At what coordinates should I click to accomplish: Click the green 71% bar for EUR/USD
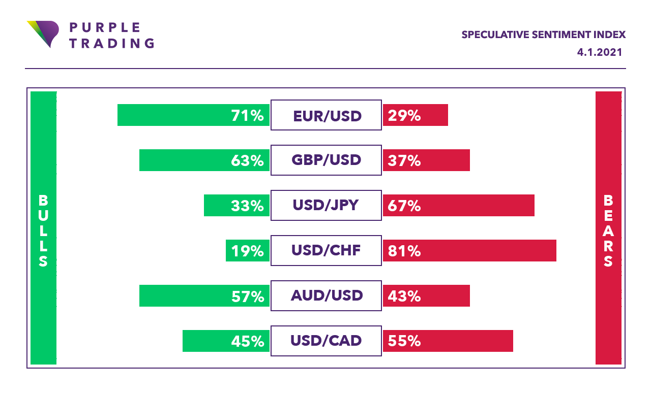tap(193, 115)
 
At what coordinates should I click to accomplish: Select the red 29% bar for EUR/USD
tap(415, 115)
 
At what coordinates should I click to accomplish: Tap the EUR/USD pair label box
tap(326, 115)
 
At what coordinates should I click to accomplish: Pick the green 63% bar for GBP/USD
tap(204, 160)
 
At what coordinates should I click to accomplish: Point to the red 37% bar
tap(426, 160)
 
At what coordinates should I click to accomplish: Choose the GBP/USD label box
tap(326, 160)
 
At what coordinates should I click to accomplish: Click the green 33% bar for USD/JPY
tap(236, 205)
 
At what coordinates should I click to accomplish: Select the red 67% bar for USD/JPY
tap(458, 205)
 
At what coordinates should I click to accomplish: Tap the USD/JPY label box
tap(326, 206)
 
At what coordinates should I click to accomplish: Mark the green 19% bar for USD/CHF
tap(247, 250)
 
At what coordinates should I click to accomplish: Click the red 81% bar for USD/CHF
tap(469, 250)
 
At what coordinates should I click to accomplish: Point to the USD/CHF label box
tap(326, 251)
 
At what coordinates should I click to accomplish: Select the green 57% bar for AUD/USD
tap(204, 295)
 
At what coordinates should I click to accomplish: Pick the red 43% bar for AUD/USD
tap(426, 295)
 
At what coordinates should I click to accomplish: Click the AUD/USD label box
tap(326, 295)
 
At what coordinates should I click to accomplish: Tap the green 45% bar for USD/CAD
tap(226, 341)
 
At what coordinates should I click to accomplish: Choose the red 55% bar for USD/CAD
tap(448, 341)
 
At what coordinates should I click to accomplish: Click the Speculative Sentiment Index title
tap(543, 35)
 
